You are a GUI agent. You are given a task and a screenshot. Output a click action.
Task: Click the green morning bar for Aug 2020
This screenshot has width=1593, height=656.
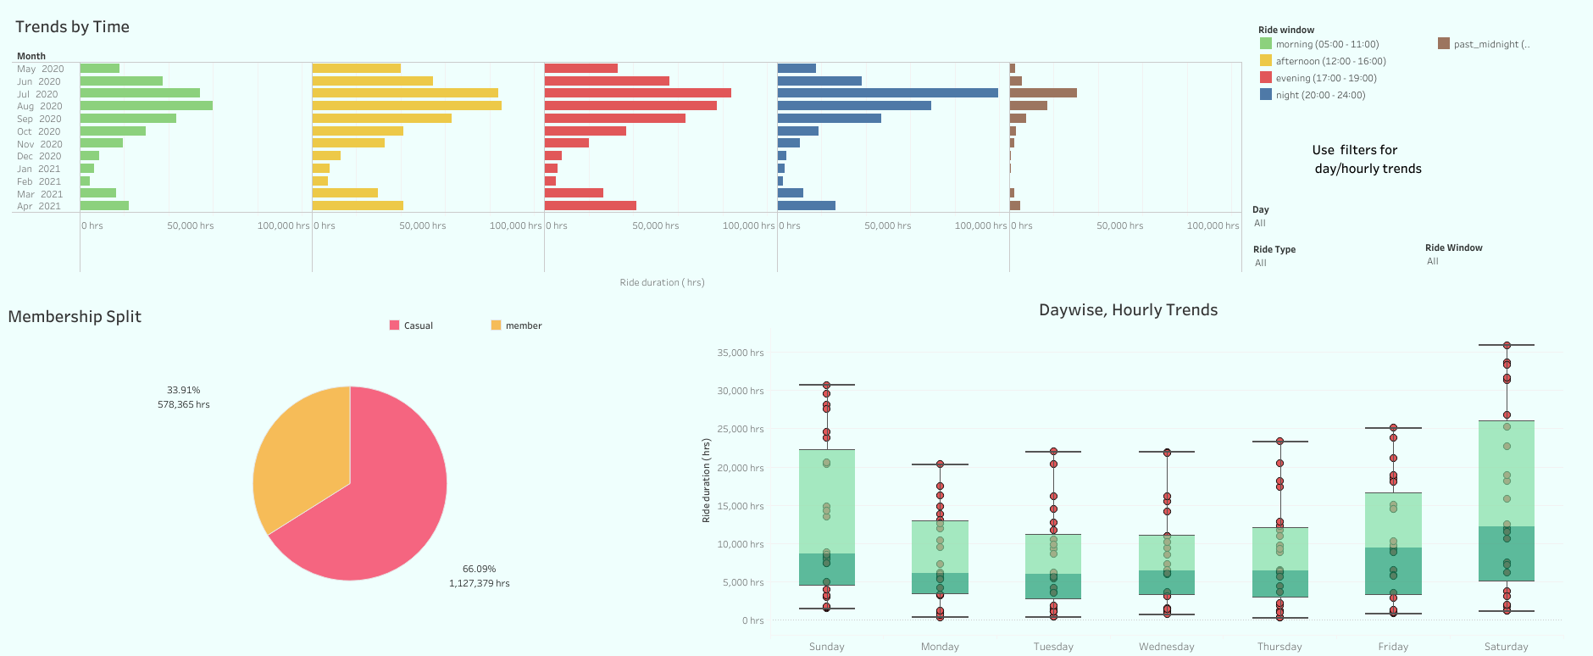point(146,106)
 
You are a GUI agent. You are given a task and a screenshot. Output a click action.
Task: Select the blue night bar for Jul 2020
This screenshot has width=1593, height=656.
point(887,93)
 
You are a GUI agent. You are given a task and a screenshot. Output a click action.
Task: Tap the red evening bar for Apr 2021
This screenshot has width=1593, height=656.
point(590,206)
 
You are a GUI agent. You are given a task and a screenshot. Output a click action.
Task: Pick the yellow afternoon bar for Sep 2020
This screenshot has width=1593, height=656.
point(381,119)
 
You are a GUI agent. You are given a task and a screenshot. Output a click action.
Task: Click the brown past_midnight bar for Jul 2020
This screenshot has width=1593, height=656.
point(1043,93)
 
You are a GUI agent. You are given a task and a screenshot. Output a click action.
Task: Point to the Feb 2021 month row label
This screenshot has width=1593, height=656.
point(39,181)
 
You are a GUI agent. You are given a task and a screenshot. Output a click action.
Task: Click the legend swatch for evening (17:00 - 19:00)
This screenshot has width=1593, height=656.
point(1266,78)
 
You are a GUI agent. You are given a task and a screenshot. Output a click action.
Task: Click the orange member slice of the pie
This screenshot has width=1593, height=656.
point(301,458)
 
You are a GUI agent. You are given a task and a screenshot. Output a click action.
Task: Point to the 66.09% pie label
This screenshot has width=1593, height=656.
point(479,569)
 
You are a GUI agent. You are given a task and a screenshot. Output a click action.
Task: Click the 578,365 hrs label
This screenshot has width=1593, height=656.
point(183,404)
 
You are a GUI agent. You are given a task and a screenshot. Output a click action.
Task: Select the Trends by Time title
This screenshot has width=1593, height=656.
point(72,27)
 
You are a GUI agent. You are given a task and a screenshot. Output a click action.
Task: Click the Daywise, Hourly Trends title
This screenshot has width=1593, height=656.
point(1128,310)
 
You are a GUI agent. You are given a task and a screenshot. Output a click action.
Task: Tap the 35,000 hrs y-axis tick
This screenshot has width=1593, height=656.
point(740,353)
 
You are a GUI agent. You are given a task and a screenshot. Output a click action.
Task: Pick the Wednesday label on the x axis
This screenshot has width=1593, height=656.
point(1166,647)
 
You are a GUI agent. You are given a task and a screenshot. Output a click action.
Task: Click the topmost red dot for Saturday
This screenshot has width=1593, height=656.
point(1507,345)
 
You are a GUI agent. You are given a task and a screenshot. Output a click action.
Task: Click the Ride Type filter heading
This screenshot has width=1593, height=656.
point(1274,249)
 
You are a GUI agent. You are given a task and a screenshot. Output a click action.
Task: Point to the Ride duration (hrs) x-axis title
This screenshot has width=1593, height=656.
point(662,282)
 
